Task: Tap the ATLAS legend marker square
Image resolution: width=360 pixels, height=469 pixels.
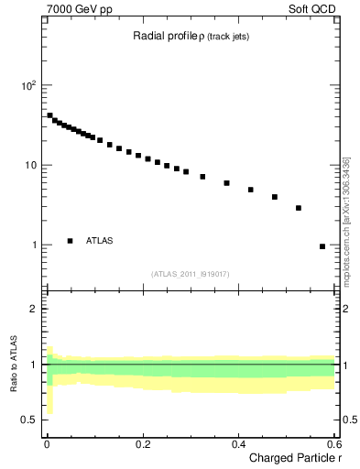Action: click(x=70, y=241)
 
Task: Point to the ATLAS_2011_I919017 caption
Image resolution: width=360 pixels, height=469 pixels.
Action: click(x=190, y=274)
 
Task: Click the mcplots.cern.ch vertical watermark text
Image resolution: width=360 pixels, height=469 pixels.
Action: click(x=346, y=221)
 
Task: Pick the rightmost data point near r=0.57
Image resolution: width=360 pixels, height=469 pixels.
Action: click(x=322, y=246)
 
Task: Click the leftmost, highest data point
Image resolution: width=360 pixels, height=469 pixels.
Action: click(x=49, y=115)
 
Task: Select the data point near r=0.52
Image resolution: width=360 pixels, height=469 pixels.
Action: click(x=299, y=208)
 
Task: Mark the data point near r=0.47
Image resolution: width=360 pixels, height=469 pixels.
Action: click(x=275, y=197)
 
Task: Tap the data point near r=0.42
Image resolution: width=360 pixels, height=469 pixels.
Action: click(x=251, y=190)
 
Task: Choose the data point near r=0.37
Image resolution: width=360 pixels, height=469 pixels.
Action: click(x=227, y=183)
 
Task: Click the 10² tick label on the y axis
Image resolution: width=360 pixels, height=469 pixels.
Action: click(x=29, y=85)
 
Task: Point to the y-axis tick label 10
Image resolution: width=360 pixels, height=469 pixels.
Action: click(x=31, y=165)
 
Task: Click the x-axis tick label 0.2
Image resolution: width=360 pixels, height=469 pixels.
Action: click(x=142, y=443)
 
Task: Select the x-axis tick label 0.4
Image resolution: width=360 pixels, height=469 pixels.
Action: click(x=237, y=443)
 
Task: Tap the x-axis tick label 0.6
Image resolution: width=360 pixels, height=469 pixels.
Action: click(x=333, y=443)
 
